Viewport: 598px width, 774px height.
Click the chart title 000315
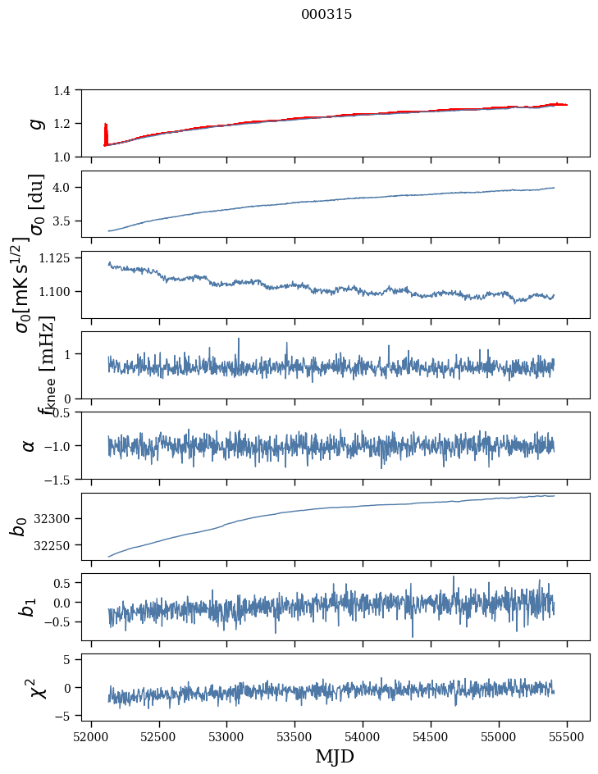coord(326,15)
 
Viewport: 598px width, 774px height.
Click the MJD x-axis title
coord(335,757)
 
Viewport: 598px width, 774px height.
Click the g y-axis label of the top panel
coord(34,123)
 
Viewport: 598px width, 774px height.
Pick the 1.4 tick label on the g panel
coord(69,90)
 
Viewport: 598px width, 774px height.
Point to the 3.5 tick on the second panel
coord(69,221)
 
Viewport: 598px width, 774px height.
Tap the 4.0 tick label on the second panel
coord(69,188)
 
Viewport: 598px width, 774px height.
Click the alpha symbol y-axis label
coord(29,445)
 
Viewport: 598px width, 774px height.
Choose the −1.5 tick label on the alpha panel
coord(65,479)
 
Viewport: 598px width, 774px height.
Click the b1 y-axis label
coord(29,607)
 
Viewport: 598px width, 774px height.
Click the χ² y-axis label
coord(36,687)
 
